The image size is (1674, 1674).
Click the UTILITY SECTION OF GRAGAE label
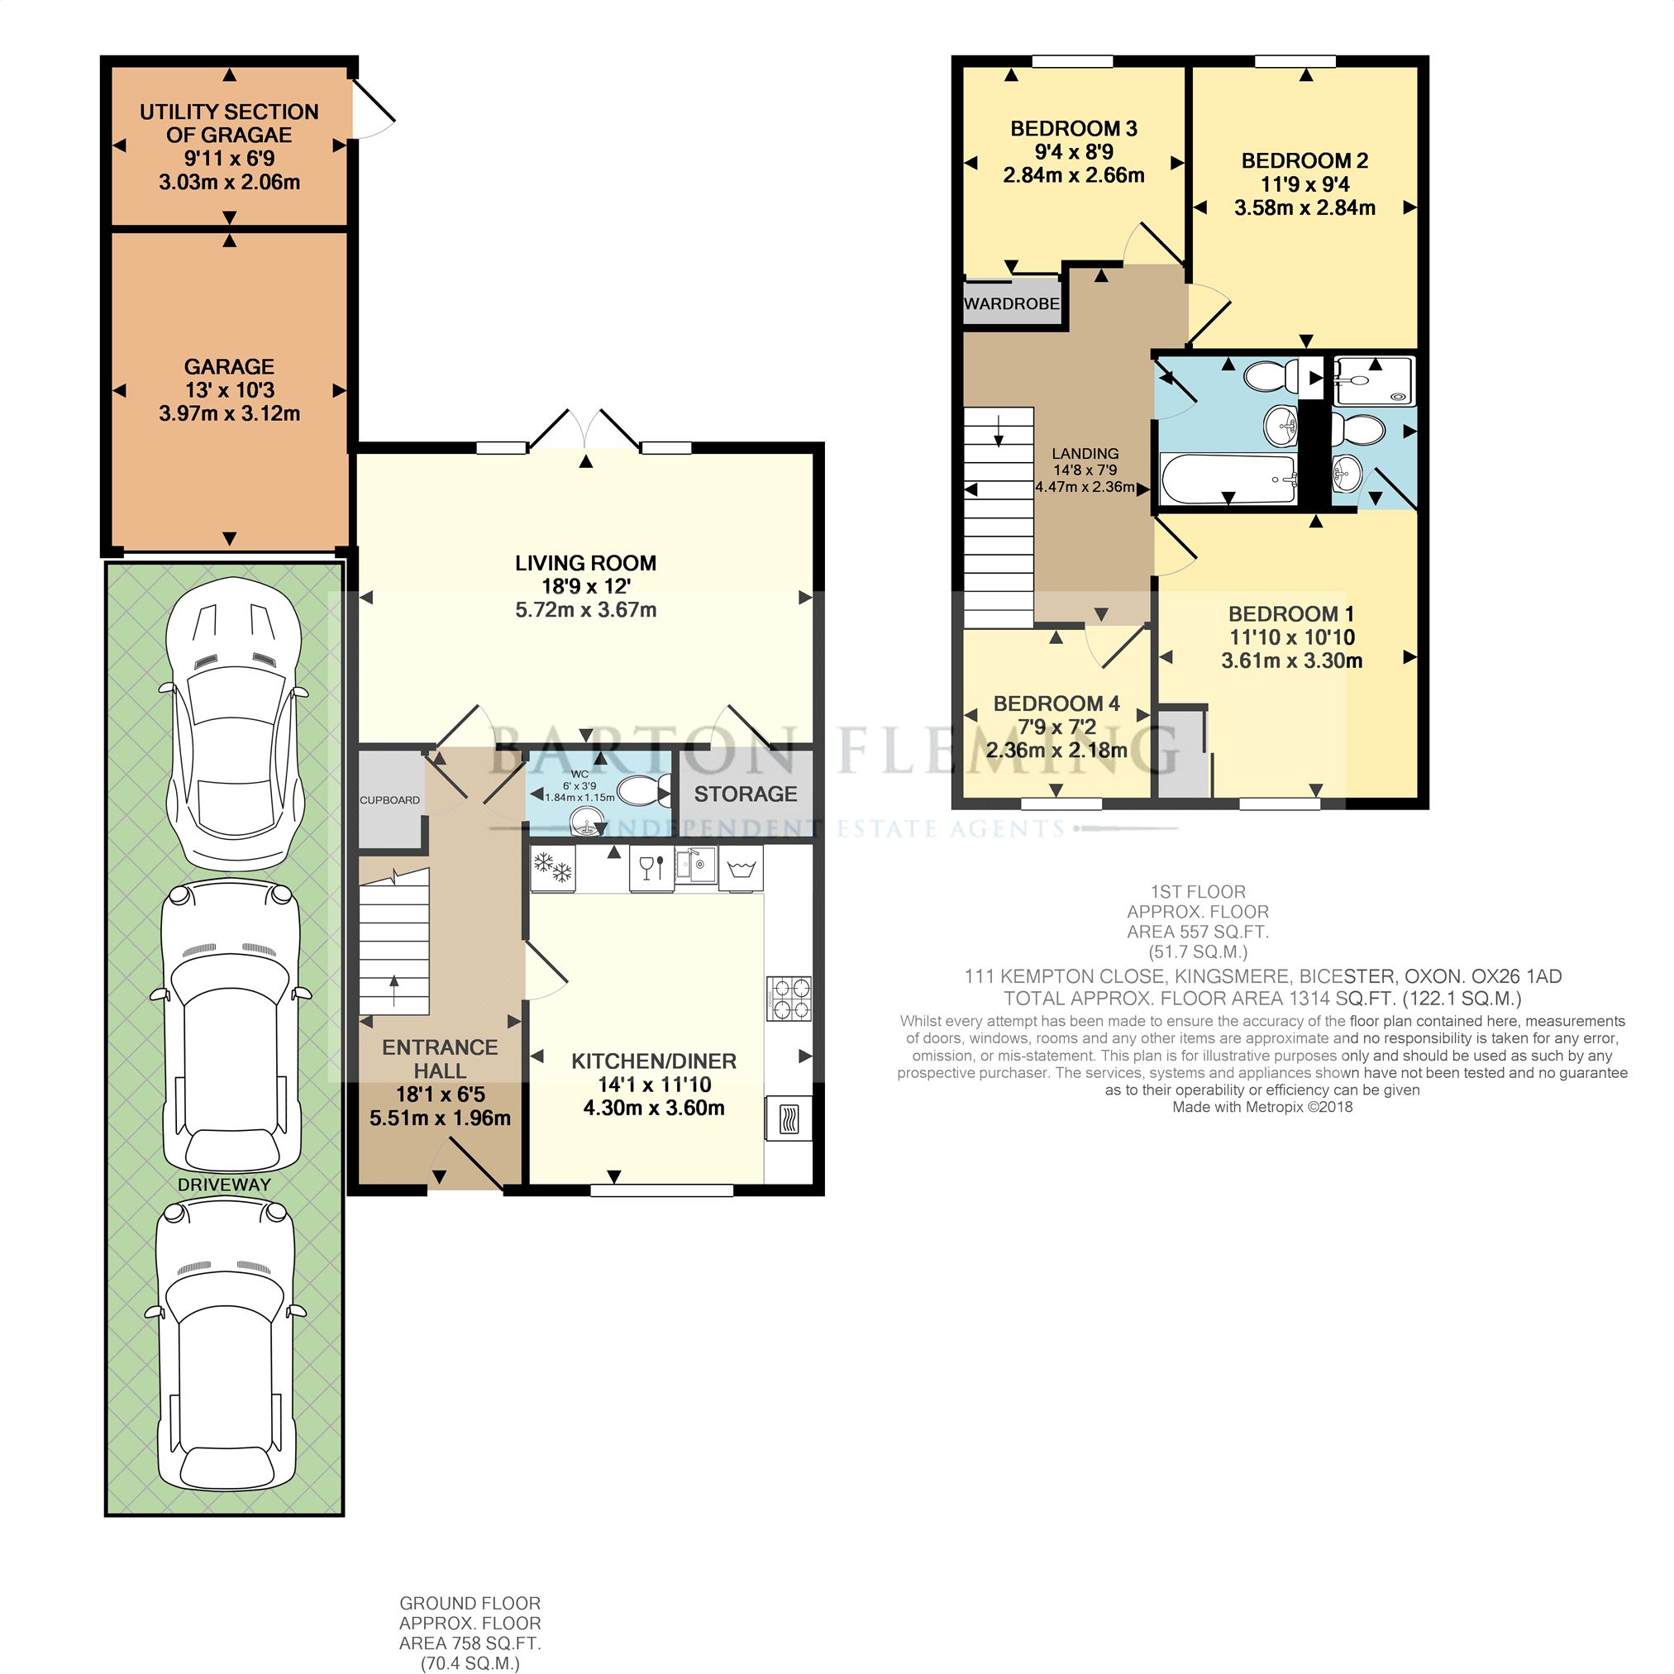[x=229, y=123]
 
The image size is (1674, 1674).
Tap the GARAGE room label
[x=229, y=366]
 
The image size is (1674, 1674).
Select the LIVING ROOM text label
[x=586, y=563]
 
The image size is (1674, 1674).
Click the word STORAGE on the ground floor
[x=745, y=794]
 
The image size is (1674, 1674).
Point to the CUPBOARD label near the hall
[x=390, y=799]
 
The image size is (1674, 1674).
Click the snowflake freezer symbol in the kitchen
[x=553, y=868]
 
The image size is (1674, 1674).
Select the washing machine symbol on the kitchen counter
[x=741, y=869]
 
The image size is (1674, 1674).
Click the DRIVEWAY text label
[x=223, y=1185]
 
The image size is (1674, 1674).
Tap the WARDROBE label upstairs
[x=1011, y=304]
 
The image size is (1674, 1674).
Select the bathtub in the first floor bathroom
[x=1228, y=479]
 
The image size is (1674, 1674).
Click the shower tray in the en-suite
[x=1373, y=381]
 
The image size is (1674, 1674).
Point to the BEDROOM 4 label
[x=1056, y=703]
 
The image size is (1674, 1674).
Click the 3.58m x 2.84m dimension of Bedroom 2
[x=1304, y=208]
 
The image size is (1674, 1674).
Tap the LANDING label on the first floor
[x=1085, y=453]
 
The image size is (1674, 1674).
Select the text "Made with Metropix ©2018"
[x=1261, y=1108]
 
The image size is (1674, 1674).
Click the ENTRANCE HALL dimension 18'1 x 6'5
[x=440, y=1095]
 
